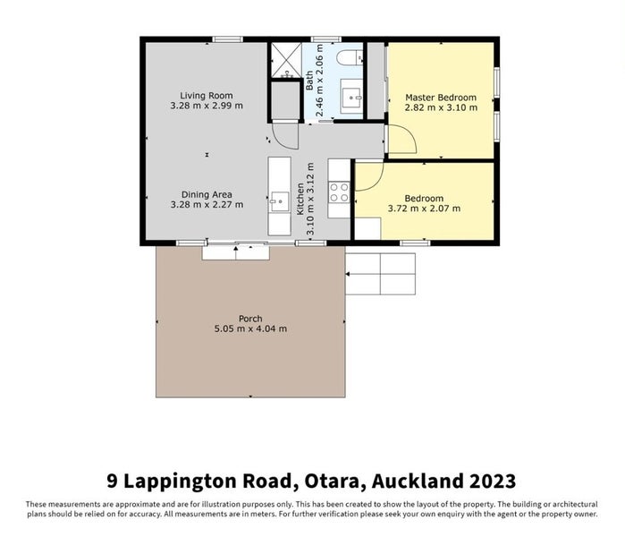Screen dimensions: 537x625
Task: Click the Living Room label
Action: (x=207, y=95)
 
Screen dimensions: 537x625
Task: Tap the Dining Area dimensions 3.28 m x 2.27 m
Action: (x=207, y=205)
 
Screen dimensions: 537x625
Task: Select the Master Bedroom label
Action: (x=440, y=97)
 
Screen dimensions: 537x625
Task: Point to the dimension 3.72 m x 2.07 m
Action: (x=424, y=209)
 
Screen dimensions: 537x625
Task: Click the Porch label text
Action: (x=250, y=319)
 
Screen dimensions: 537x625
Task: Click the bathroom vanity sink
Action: (x=350, y=94)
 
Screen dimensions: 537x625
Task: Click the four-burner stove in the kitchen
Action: (x=340, y=192)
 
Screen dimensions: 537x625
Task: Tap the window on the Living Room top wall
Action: (x=227, y=39)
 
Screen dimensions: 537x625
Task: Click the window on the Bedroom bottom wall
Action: (x=414, y=243)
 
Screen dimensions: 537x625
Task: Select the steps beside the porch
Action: (x=380, y=274)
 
